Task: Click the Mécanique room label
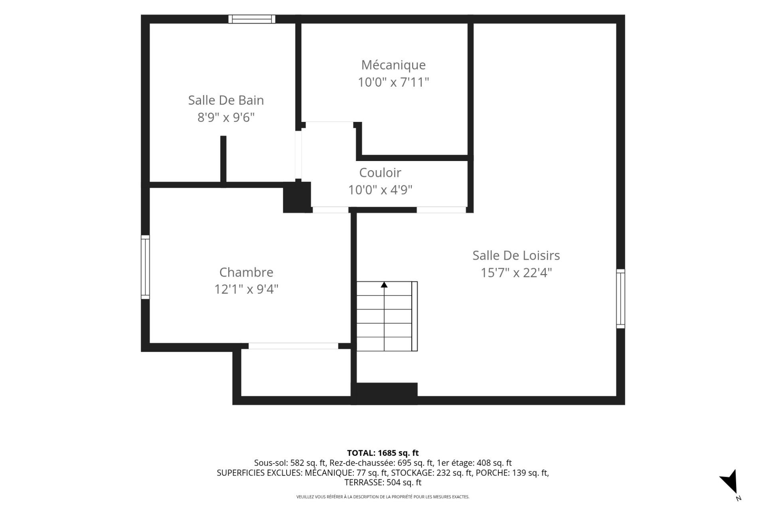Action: [393, 65]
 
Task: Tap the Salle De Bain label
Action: [226, 100]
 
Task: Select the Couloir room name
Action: [380, 173]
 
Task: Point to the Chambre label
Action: [246, 272]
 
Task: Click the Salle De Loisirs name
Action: [516, 255]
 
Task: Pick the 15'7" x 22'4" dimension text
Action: [516, 273]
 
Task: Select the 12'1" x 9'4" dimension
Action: [246, 289]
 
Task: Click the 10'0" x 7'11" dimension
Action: [393, 82]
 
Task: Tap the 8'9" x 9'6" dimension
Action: [226, 117]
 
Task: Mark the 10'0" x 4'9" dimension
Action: [380, 190]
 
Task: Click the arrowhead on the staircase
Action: [384, 284]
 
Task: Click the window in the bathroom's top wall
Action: [252, 19]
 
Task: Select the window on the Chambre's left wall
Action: [145, 267]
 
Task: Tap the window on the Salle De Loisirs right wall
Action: [620, 299]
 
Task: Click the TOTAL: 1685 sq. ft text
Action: [383, 453]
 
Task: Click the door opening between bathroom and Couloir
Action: [298, 155]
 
